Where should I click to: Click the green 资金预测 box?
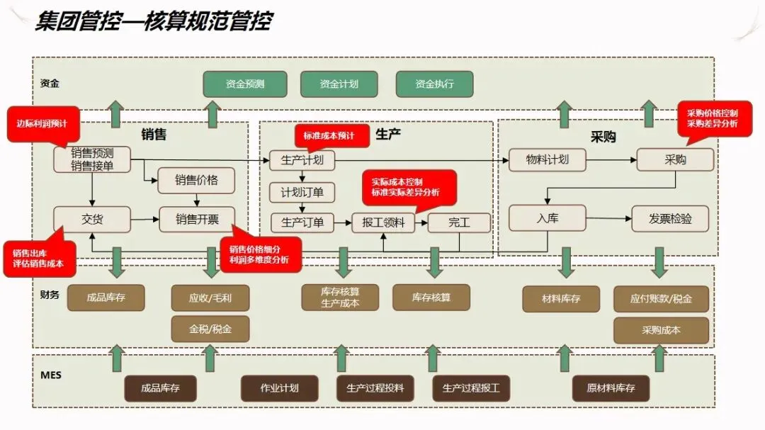[245, 84]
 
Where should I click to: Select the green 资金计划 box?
[339, 84]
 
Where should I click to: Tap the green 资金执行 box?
[434, 84]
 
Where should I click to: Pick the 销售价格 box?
[196, 181]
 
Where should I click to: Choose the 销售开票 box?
[196, 220]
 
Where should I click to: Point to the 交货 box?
[92, 220]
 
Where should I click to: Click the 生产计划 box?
[302, 160]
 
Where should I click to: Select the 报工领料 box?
[382, 222]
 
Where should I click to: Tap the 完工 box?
[459, 222]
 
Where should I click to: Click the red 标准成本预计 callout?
[331, 135]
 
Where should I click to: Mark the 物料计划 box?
[548, 159]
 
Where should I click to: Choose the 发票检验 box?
[670, 218]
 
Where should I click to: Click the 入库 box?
[548, 218]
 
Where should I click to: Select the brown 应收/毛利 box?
[210, 298]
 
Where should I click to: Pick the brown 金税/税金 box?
[210, 329]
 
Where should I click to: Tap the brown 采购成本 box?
[661, 330]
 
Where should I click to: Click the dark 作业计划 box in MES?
[279, 388]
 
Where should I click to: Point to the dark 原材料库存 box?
[611, 388]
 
